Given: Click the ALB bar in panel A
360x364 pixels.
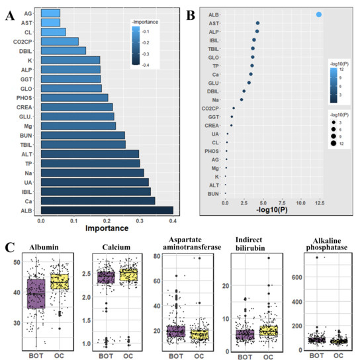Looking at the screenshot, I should [107, 210].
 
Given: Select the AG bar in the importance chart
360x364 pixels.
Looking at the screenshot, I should [50, 13].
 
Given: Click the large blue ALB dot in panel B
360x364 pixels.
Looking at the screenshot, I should [319, 14].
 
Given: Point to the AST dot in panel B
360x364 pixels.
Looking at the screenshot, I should [257, 23].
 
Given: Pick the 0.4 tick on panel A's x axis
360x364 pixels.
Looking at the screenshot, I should [172, 221].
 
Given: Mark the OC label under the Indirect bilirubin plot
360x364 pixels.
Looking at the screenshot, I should [266, 357].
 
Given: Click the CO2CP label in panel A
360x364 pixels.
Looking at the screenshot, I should [26, 41].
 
